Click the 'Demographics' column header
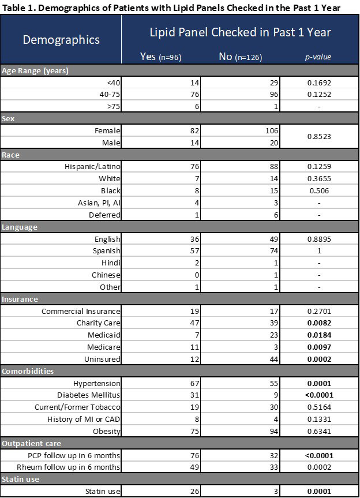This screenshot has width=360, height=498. pos(61,40)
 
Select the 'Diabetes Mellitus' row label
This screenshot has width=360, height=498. pos(89,396)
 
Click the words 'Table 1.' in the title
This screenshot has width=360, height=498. pos(17,7)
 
